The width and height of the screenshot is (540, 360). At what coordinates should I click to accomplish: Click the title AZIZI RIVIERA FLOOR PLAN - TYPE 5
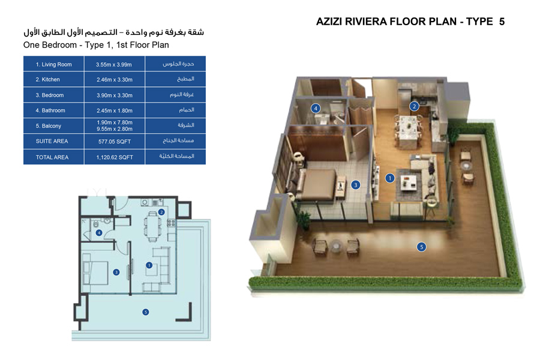tap(410, 22)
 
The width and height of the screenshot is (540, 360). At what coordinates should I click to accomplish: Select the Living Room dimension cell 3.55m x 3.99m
tap(114, 64)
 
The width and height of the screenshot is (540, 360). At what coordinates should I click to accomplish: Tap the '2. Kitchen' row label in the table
tap(47, 79)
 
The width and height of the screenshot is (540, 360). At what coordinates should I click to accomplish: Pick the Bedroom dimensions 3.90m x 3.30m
tap(114, 95)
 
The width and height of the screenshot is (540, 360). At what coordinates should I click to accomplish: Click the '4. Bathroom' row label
tap(50, 110)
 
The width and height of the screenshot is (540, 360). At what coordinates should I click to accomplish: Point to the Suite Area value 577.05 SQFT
tap(114, 142)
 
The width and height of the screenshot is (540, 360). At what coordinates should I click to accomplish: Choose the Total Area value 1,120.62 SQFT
tap(114, 157)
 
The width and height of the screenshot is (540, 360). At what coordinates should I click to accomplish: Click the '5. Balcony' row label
tap(48, 126)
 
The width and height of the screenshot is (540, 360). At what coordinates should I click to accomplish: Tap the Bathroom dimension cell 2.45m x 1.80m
tap(114, 110)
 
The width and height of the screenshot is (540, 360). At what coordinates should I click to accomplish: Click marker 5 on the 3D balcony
tap(422, 247)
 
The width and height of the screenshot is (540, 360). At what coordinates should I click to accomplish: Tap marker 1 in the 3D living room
tap(389, 178)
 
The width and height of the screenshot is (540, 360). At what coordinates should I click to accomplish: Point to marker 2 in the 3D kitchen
tap(413, 107)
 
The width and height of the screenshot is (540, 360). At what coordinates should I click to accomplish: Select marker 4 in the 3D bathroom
tap(315, 109)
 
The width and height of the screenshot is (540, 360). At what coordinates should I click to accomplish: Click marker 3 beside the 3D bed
tap(355, 185)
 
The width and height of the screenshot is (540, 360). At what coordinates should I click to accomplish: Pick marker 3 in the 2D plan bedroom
tap(116, 272)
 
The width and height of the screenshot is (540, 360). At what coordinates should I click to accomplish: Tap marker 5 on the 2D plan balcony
tap(145, 311)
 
